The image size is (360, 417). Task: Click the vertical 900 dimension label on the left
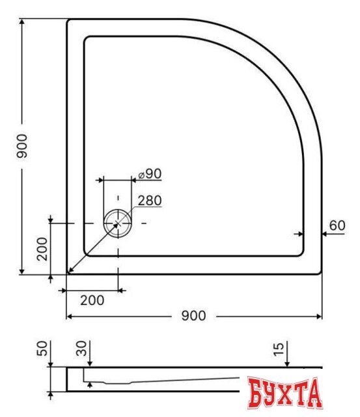[21, 147]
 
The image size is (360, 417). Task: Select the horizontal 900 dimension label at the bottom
[193, 316]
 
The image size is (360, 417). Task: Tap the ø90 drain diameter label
[149, 174]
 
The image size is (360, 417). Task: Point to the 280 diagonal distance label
[150, 201]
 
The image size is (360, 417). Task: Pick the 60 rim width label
[337, 226]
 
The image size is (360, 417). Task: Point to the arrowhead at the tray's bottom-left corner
[69, 271]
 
